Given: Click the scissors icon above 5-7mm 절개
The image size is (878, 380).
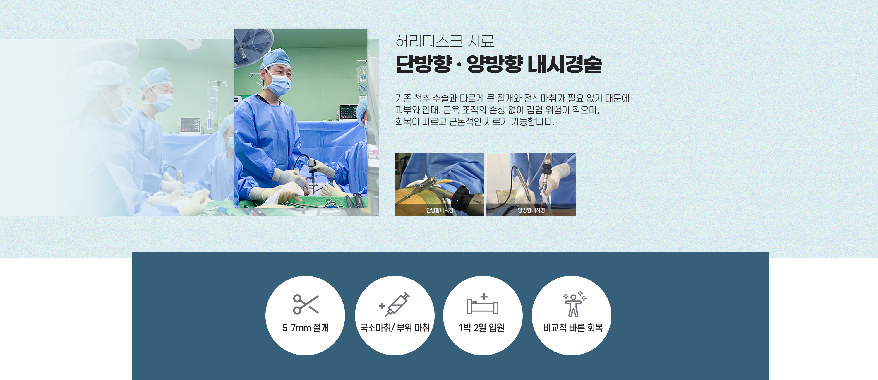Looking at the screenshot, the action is tap(305, 304).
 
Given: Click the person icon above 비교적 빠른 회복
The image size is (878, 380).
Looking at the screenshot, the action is tap(574, 304).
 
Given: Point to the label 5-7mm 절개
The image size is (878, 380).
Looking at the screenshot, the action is tap(305, 328).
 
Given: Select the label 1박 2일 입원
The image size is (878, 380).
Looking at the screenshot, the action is tap(482, 328).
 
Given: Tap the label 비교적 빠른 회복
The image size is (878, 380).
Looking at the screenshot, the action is tap(573, 328).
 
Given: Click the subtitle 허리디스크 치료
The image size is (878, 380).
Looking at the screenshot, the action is tap(445, 41).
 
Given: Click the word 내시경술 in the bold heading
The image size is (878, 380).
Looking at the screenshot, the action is tap(565, 64).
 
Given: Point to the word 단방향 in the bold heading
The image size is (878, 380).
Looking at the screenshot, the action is tap(424, 64).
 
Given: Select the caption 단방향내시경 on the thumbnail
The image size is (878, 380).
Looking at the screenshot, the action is tap(440, 210).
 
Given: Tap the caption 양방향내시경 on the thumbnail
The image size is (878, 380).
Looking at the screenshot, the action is tap(531, 210).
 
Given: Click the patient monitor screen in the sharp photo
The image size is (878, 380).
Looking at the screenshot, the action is tap(348, 112).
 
